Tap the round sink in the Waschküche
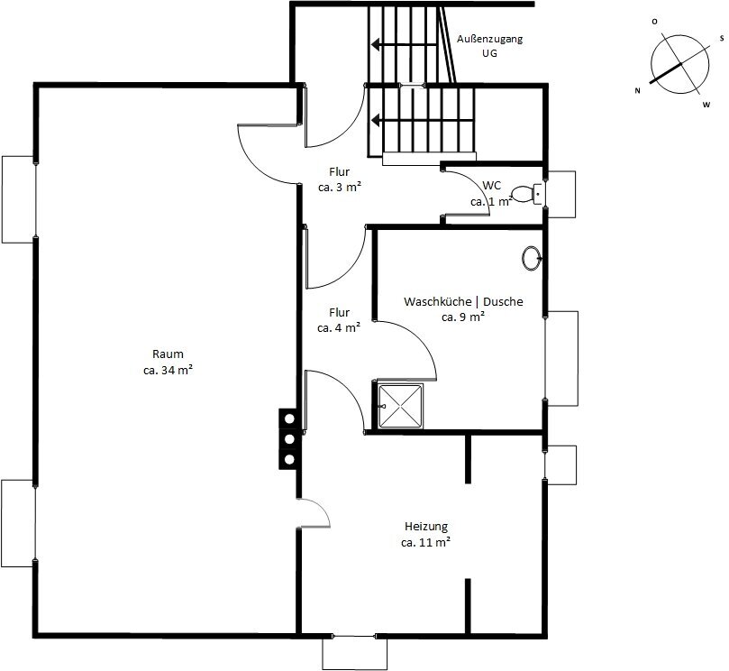532,258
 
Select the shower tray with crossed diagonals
400,406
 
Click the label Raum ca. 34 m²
169,362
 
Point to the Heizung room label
426,534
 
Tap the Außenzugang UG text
489,46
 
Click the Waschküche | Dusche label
463,309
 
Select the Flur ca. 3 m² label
340,179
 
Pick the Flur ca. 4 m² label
339,319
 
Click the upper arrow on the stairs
404,45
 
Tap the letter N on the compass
637,91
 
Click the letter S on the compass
722,39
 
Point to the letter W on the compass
706,105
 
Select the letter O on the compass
654,22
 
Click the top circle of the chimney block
289,418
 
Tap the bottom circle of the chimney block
289,460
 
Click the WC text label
491,186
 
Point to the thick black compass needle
665,73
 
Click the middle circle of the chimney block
289,439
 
